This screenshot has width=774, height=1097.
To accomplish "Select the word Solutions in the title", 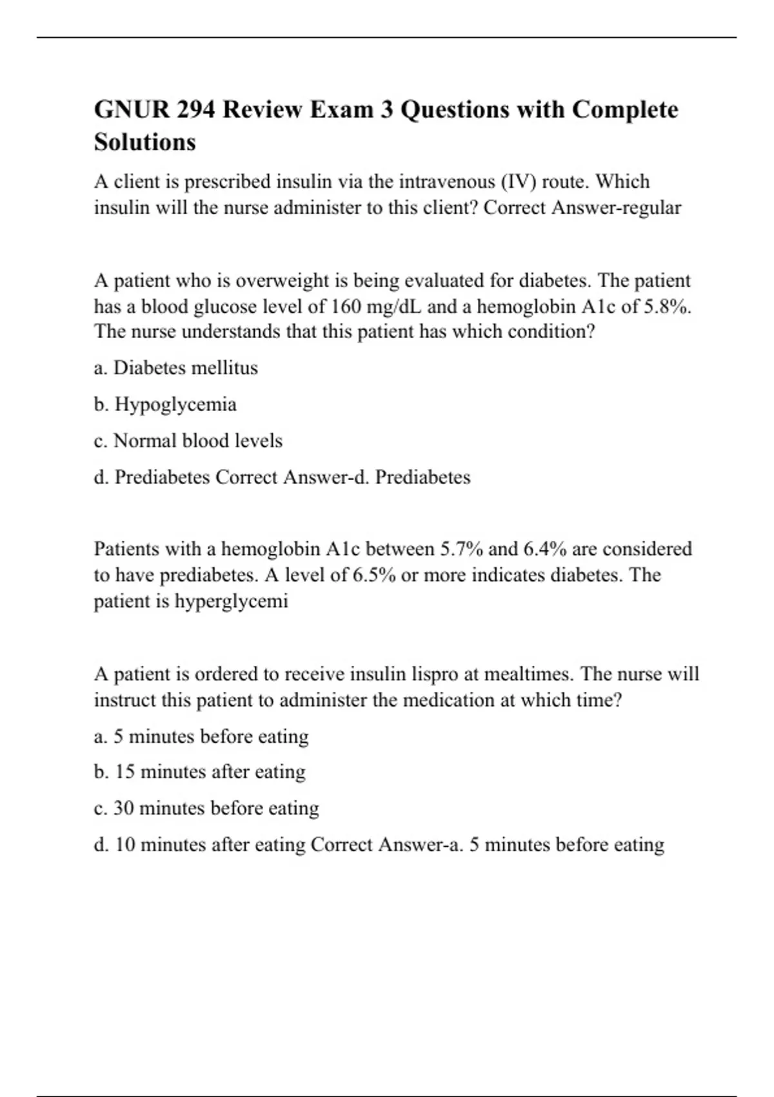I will [x=144, y=142].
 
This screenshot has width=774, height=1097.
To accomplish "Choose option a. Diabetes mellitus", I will [x=175, y=368].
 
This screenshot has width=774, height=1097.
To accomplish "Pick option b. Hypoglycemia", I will [x=165, y=405].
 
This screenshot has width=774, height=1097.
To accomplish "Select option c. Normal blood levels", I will [x=188, y=441].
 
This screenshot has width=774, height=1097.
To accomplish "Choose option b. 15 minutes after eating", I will [x=199, y=772].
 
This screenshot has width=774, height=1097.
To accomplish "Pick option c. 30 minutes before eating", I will [x=206, y=809].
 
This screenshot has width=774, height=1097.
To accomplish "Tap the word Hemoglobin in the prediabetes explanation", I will [x=271, y=549].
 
